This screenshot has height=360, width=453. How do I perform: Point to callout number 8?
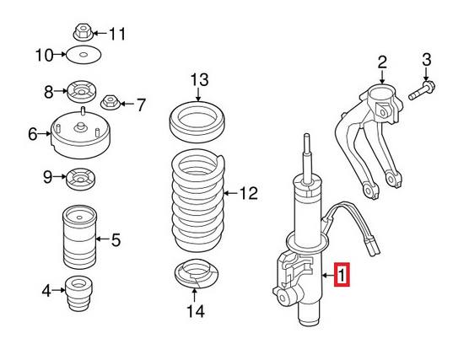click(48, 91)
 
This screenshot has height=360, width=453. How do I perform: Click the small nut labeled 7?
click(110, 105)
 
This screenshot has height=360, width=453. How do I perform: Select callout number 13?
click(198, 81)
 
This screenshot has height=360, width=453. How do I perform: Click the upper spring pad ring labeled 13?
click(197, 121)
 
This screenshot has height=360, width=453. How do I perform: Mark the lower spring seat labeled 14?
click(197, 275)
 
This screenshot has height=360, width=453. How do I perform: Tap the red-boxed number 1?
click(342, 275)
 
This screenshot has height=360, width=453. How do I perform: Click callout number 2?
click(381, 62)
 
